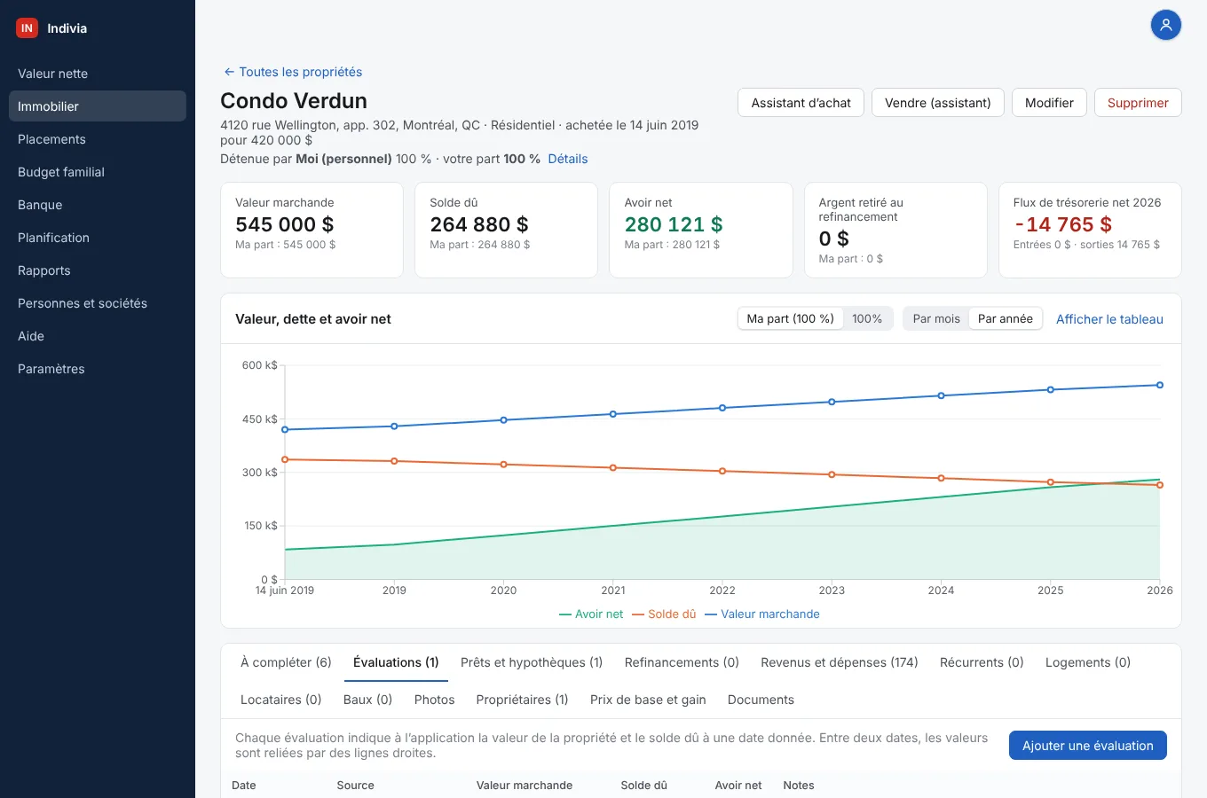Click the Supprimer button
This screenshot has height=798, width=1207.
1138,102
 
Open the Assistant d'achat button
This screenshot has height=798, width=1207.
801,102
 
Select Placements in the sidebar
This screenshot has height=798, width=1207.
51,139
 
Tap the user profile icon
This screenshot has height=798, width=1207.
1166,26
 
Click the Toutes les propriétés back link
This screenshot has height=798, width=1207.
293,72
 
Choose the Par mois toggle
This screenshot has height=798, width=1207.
936,319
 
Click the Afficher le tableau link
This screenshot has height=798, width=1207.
1109,319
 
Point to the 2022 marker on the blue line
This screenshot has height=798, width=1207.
722,408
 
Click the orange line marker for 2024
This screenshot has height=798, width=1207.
942,478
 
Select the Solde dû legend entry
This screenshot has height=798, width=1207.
664,614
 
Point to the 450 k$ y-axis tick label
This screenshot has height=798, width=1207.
260,419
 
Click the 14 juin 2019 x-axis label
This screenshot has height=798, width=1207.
285,591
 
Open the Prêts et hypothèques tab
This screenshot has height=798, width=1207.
532,662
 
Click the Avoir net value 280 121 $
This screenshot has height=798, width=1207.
674,224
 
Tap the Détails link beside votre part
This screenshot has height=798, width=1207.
568,159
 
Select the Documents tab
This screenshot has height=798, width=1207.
761,700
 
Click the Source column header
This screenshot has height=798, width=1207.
355,785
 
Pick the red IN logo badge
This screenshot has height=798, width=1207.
27,28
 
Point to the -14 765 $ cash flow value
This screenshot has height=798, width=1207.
1062,224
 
